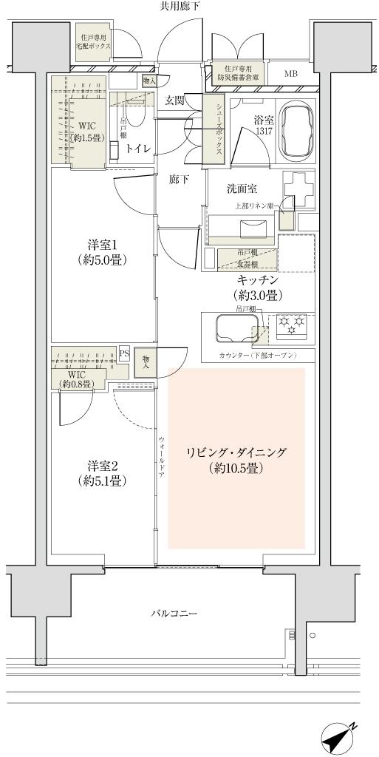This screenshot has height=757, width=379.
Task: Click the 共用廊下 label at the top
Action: (x=180, y=6)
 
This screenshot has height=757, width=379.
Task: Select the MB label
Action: (x=292, y=74)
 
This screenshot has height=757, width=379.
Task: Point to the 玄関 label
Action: (x=175, y=101)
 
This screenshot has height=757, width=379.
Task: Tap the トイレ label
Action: (x=138, y=149)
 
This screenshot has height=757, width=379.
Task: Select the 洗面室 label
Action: (x=242, y=189)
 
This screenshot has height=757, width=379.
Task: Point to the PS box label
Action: (x=124, y=353)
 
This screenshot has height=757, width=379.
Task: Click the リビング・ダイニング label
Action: (x=236, y=460)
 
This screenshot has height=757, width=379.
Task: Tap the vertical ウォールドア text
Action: (x=161, y=458)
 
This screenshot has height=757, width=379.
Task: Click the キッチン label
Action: (x=257, y=287)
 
